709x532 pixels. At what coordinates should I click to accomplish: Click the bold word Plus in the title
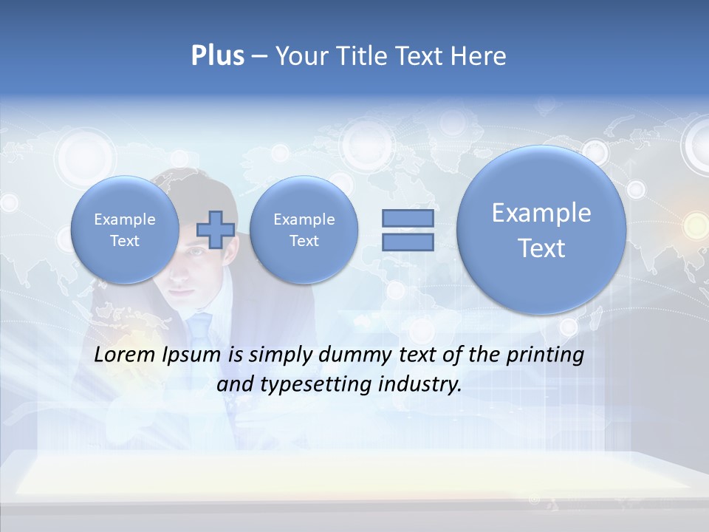tap(217, 56)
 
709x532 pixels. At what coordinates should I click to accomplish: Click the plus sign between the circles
tap(215, 229)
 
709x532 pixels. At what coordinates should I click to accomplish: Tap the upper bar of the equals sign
tap(408, 218)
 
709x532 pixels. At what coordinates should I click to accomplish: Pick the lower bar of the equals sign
tap(408, 242)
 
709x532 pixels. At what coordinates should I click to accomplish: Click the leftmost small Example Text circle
tap(125, 230)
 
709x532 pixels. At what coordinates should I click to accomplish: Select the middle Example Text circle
tap(304, 230)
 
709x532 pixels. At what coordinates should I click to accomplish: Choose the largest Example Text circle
tap(541, 230)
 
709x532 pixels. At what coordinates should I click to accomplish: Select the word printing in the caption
tap(545, 355)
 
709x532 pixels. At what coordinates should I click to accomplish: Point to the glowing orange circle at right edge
tap(694, 222)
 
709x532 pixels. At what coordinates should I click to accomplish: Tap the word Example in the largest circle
tap(541, 213)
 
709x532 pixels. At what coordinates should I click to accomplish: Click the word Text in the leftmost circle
tap(125, 241)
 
